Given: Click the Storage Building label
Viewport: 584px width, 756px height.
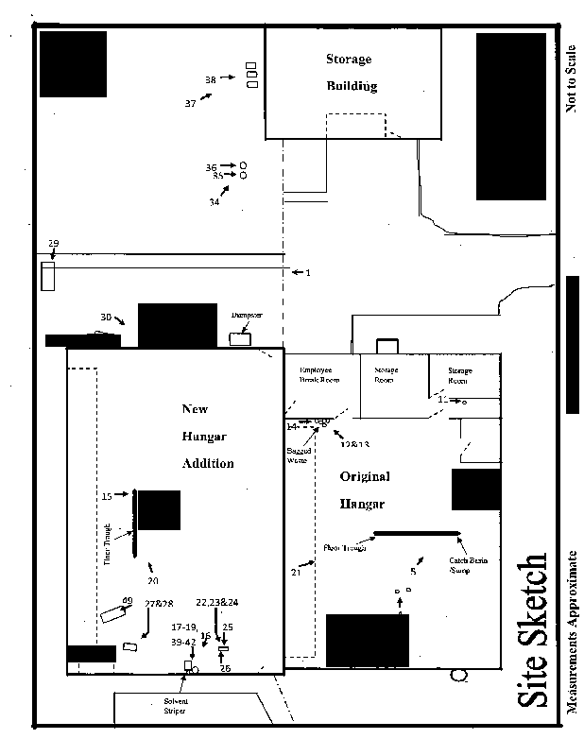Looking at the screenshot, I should [x=351, y=73].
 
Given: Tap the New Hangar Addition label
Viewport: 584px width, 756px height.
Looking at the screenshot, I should [x=207, y=437].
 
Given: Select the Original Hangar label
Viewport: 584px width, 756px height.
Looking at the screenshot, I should [x=364, y=490].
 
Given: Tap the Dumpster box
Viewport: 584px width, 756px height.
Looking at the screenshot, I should [x=240, y=338].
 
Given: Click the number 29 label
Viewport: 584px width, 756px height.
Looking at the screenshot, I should [x=54, y=244].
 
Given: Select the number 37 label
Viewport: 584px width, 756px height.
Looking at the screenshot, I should [x=191, y=104].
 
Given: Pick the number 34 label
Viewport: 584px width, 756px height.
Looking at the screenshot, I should [x=215, y=201].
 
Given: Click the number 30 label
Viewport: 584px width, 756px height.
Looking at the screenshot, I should [x=106, y=317].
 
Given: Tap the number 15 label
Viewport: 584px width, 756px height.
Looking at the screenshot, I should [x=107, y=495].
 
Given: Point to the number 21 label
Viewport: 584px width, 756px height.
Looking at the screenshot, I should [x=296, y=572].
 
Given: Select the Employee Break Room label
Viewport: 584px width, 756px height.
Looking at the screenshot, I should [x=318, y=374].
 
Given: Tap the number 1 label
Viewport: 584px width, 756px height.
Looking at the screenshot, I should [x=308, y=273].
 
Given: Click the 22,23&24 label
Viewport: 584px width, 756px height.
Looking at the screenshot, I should [x=216, y=602].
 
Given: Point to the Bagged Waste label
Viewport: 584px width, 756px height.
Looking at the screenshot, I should [x=298, y=455].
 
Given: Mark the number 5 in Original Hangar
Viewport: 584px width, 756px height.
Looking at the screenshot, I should [x=413, y=572].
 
